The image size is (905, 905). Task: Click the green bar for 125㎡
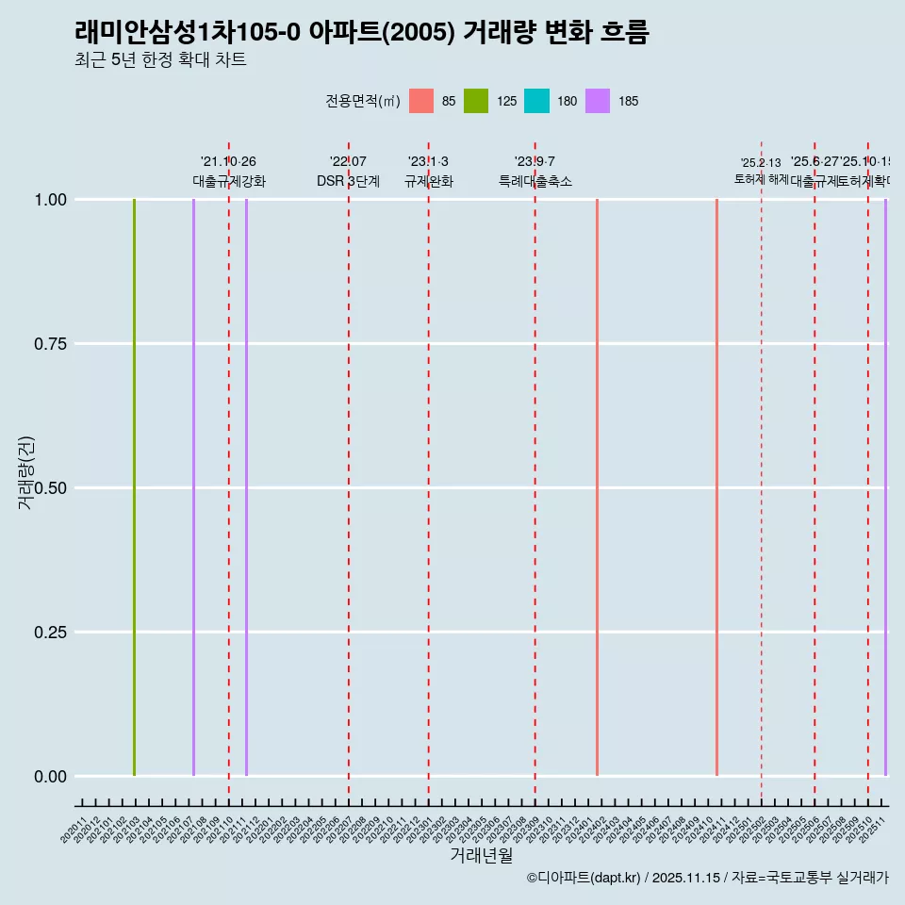[134, 487]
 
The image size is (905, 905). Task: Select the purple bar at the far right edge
[885, 487]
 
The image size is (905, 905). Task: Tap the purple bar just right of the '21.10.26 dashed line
[246, 487]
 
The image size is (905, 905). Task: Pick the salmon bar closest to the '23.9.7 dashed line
[597, 487]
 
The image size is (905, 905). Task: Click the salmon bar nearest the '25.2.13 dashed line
[716, 487]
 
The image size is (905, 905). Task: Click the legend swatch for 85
[421, 101]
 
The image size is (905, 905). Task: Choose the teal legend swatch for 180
[536, 101]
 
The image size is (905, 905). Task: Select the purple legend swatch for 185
[598, 101]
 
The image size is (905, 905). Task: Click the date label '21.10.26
[228, 162]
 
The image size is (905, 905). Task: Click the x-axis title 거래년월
[481, 855]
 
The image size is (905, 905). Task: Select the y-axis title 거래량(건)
[25, 472]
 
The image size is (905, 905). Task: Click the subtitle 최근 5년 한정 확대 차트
[160, 60]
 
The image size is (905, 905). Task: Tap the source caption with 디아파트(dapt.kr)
[707, 878]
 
